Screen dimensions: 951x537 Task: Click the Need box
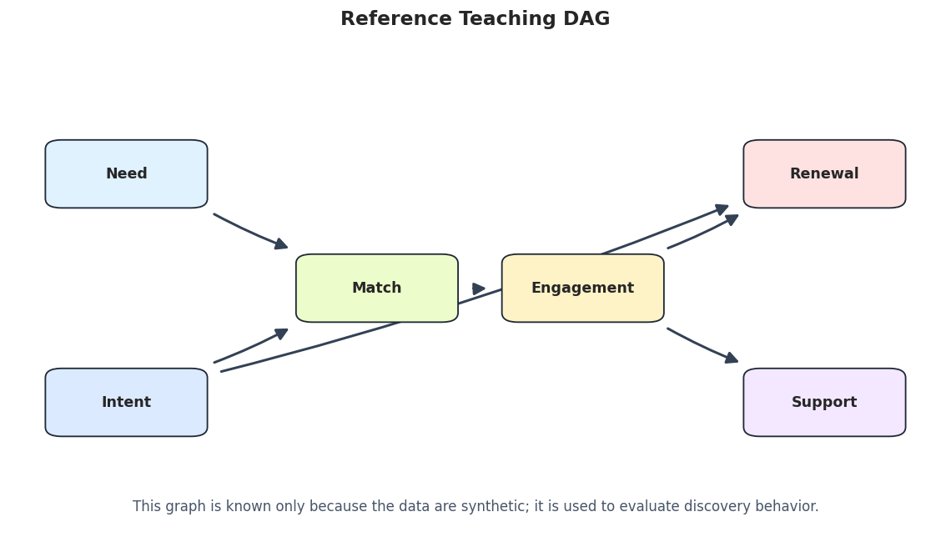click(x=126, y=174)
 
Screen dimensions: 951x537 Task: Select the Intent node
click(x=126, y=403)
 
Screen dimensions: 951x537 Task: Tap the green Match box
click(x=376, y=288)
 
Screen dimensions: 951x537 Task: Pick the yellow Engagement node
click(x=583, y=288)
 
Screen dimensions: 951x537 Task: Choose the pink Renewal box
click(x=824, y=174)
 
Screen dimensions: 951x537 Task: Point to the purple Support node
click(x=824, y=403)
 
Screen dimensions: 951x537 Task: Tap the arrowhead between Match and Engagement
click(x=479, y=289)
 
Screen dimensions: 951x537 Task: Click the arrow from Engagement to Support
click(x=702, y=346)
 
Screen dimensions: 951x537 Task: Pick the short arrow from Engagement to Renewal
click(x=702, y=232)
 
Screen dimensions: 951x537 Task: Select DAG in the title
click(x=586, y=19)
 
